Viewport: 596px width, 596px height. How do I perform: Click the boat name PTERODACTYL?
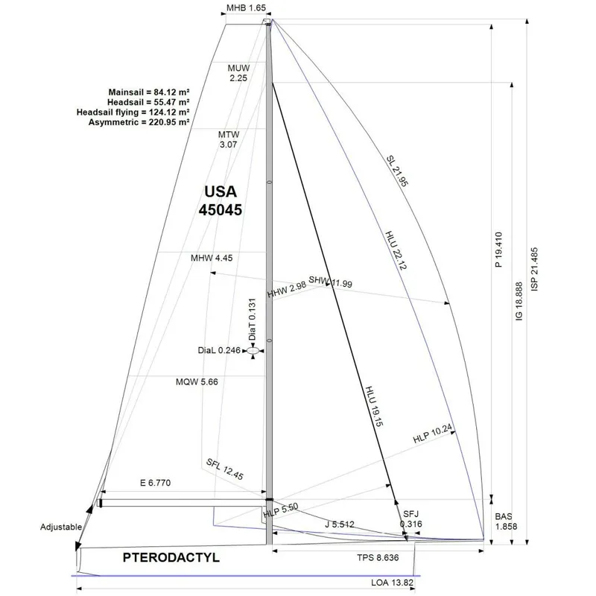pyautogui.click(x=171, y=557)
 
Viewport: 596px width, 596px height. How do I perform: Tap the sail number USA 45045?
pyautogui.click(x=221, y=200)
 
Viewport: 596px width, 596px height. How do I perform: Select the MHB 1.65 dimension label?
pyautogui.click(x=246, y=7)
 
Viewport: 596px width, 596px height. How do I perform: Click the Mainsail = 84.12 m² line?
pyautogui.click(x=149, y=92)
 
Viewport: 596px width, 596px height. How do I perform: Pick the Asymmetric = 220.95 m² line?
pyautogui.click(x=139, y=122)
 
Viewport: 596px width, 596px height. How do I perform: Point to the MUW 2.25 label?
pyautogui.click(x=238, y=73)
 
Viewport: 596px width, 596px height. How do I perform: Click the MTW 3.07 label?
pyautogui.click(x=229, y=139)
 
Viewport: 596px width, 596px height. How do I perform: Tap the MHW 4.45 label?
pyautogui.click(x=212, y=258)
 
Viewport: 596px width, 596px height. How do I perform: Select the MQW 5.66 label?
pyautogui.click(x=197, y=381)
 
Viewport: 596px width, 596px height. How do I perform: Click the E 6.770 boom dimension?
pyautogui.click(x=155, y=483)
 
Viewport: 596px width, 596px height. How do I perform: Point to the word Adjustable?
pyautogui.click(x=61, y=527)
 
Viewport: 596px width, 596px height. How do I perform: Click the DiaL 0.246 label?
pyautogui.click(x=219, y=350)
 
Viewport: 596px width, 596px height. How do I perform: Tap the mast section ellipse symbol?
pyautogui.click(x=253, y=350)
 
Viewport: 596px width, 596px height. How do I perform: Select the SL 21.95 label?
pyautogui.click(x=397, y=171)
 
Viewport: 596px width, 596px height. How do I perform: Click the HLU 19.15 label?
pyautogui.click(x=374, y=406)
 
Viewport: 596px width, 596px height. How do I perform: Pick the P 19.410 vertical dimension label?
pyautogui.click(x=498, y=250)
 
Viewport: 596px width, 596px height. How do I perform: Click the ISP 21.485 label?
pyautogui.click(x=534, y=270)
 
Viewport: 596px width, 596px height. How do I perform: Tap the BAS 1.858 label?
pyautogui.click(x=506, y=521)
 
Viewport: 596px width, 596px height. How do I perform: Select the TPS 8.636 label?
pyautogui.click(x=378, y=557)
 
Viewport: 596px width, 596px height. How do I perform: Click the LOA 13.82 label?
pyautogui.click(x=392, y=583)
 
